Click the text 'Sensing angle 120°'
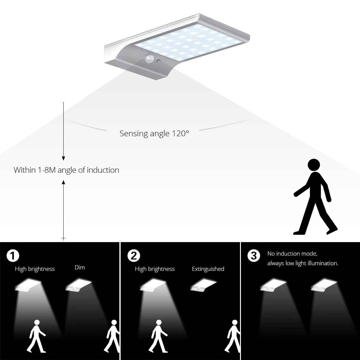(x=154, y=133)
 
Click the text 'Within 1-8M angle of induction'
(x=66, y=170)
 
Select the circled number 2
(x=133, y=256)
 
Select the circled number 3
(x=254, y=256)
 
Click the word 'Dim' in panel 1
(x=80, y=267)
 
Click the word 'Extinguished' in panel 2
(x=208, y=269)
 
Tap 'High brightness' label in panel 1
(x=35, y=269)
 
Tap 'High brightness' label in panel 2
(x=155, y=269)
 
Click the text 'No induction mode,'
(x=292, y=254)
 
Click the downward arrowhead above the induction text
(x=63, y=158)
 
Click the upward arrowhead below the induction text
(x=63, y=182)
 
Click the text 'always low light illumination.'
(x=303, y=263)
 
